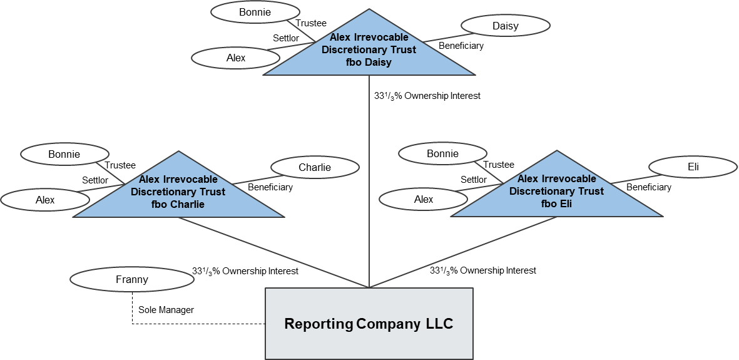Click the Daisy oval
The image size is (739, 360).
505,26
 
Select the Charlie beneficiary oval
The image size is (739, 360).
315,168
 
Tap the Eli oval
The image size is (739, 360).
693,167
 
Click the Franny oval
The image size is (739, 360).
132,279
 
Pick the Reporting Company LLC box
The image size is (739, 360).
369,324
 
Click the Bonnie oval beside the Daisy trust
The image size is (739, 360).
255,13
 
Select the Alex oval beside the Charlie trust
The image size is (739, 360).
45,200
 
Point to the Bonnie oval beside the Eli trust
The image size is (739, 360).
442,154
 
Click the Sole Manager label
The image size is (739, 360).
166,310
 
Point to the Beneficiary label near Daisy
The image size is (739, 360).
461,46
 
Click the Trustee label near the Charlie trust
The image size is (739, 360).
120,165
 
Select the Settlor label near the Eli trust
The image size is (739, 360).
474,179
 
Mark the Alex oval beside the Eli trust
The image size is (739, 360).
424,200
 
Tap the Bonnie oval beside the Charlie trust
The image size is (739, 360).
64,154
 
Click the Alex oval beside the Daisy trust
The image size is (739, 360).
236,58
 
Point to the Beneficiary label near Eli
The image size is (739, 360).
649,187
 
